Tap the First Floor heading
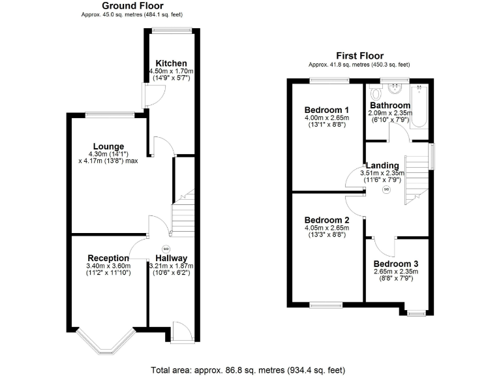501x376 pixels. tap(359, 56)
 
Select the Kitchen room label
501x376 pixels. tap(171, 63)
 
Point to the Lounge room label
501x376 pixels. tap(108, 146)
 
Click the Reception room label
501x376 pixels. tap(108, 258)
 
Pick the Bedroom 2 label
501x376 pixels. tap(327, 220)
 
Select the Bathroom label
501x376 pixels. tap(390, 105)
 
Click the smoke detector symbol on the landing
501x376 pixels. tap(386, 189)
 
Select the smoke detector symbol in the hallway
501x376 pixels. tap(165, 248)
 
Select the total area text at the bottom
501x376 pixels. tap(247, 369)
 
